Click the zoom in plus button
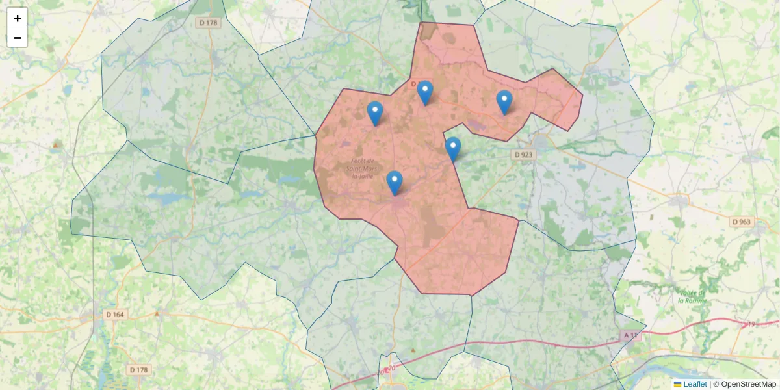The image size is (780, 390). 17,18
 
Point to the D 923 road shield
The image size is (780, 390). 523,155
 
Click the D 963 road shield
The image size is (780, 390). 741,222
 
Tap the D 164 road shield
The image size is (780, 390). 114,315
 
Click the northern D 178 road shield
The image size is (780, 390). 208,23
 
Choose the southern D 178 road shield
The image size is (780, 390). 138,370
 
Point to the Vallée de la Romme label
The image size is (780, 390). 692,296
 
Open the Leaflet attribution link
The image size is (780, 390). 695,384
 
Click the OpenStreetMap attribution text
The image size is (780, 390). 748,384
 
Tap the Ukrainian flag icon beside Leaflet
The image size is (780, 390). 678,384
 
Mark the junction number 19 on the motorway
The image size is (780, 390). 753,323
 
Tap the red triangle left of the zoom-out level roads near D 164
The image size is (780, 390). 157,314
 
